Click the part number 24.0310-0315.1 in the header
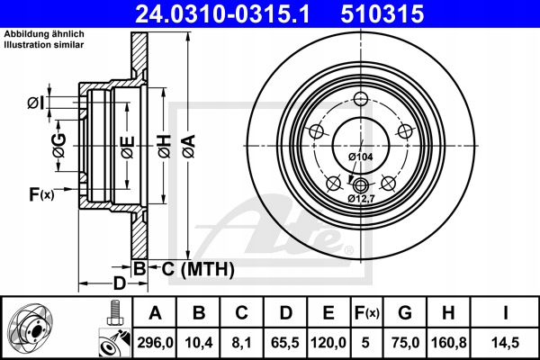[x=223, y=13]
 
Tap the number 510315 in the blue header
[x=382, y=13]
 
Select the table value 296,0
[x=155, y=343]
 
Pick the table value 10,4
[x=199, y=343]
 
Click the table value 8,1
[x=242, y=343]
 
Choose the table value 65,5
[x=285, y=343]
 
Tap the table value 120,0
[x=328, y=343]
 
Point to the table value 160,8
[x=449, y=343]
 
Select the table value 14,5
[x=505, y=343]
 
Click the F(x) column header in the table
[x=367, y=313]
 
